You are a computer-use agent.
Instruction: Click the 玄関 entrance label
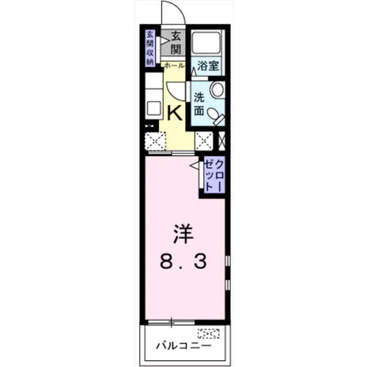175,43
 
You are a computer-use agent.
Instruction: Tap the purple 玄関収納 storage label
150,48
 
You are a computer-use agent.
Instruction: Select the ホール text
174,65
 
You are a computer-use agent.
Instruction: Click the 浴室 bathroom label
208,66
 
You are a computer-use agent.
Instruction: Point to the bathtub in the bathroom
206,43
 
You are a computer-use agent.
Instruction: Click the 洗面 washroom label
199,104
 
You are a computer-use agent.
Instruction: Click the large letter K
174,113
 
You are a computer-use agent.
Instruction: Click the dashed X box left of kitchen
155,141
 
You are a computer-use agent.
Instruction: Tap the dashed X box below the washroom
204,141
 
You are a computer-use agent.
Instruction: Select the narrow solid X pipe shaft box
222,141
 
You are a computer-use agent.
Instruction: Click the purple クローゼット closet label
214,175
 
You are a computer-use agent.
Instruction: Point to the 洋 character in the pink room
183,234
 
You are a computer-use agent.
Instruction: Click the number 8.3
183,261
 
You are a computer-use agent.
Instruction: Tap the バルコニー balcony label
183,346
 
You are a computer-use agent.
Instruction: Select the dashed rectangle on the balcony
208,334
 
